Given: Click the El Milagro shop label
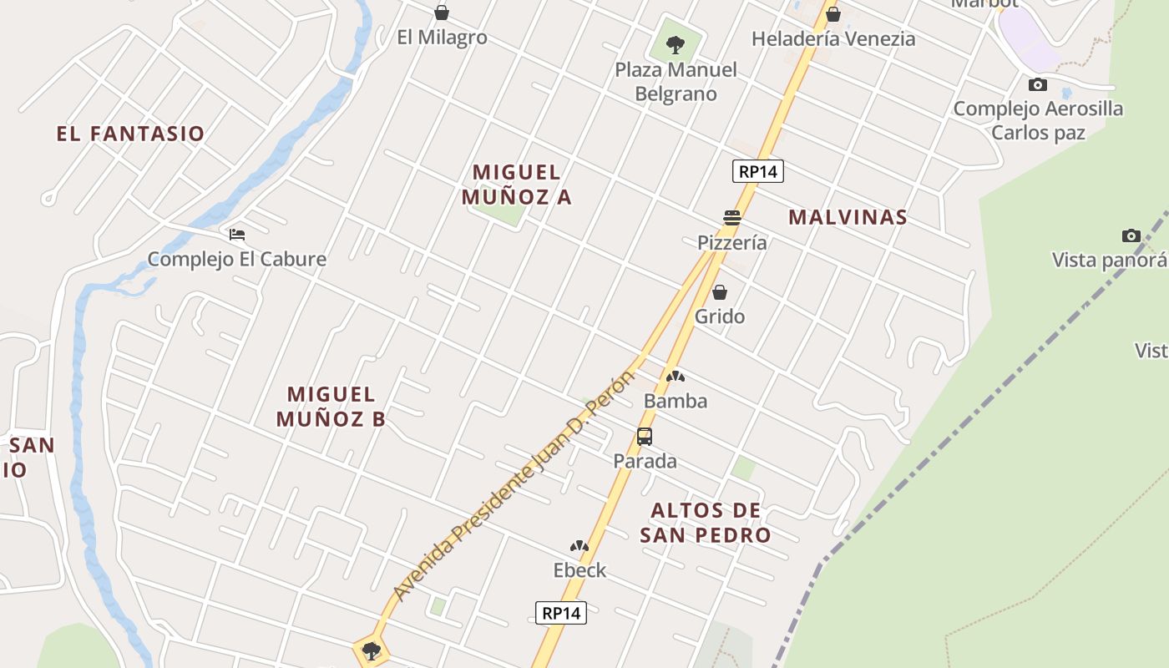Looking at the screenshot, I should [x=442, y=38].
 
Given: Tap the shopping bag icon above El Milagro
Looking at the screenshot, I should [x=442, y=13].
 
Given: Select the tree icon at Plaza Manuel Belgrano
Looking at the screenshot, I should [x=676, y=44].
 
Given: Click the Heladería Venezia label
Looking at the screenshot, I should [x=832, y=38].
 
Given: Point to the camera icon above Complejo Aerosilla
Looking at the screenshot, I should [x=1038, y=84].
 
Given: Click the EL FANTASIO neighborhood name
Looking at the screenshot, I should [x=130, y=134].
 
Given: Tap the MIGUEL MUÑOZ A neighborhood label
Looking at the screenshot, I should [x=517, y=185].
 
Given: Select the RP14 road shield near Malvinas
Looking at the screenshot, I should [x=758, y=172].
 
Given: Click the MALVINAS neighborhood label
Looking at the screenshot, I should [x=848, y=217].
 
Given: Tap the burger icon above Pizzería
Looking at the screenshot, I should [x=732, y=218].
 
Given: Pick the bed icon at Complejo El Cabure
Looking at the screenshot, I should [x=237, y=235].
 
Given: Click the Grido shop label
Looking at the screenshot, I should [x=719, y=316].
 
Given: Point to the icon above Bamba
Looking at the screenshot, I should [x=675, y=377].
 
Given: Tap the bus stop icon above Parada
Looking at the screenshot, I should [x=645, y=436].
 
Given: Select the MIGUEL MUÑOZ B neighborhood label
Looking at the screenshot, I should [x=331, y=407].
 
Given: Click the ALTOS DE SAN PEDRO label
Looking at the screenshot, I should [x=706, y=523].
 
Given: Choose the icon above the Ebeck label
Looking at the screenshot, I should [x=579, y=546].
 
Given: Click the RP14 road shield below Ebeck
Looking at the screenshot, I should [x=561, y=613].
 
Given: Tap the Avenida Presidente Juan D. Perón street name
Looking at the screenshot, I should [x=514, y=484].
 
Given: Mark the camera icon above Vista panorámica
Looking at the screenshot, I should [x=1131, y=235].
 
